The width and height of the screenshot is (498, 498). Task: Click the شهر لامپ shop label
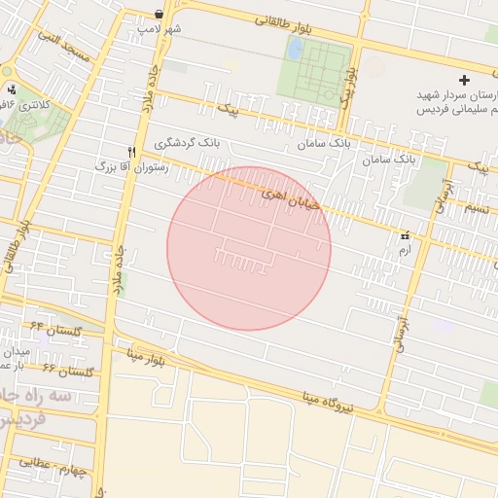click(160, 29)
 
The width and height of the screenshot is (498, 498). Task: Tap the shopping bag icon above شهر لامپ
click(159, 14)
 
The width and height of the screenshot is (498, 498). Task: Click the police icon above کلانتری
click(12, 89)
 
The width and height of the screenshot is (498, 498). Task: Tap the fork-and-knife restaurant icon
click(131, 152)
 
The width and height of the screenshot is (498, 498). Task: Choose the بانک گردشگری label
click(187, 143)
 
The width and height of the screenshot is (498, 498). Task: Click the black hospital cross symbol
click(463, 80)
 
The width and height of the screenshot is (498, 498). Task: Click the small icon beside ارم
click(405, 235)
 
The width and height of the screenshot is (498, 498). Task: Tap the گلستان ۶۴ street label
click(56, 328)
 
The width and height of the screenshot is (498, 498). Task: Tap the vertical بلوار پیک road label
click(347, 86)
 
